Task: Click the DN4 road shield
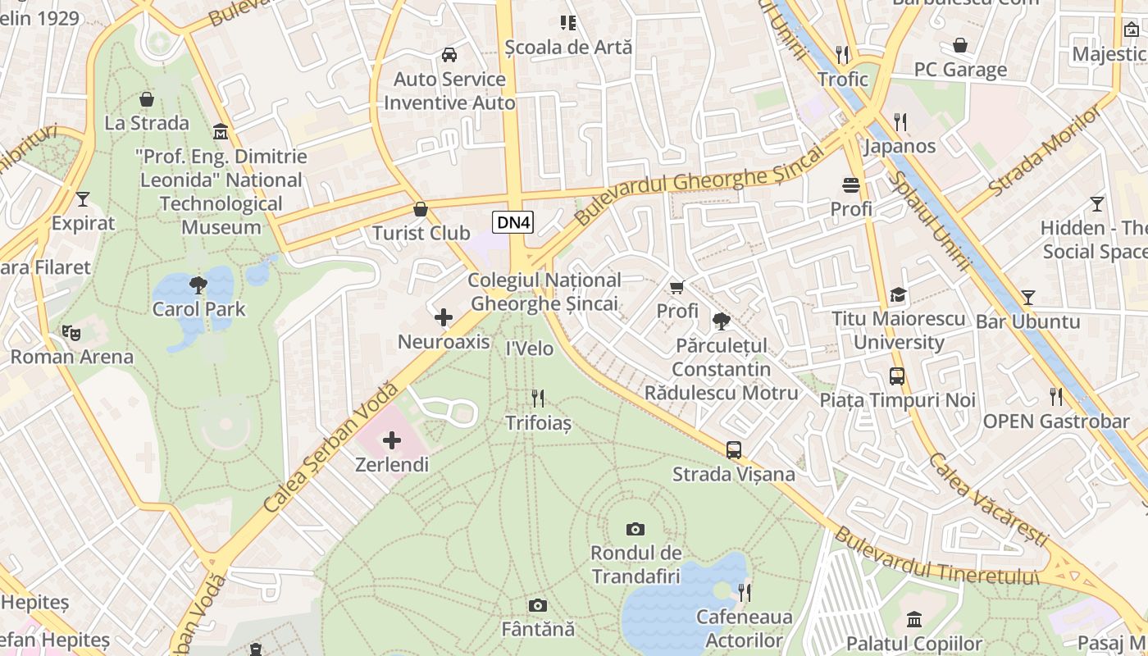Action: point(513,221)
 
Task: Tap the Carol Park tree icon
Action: point(198,285)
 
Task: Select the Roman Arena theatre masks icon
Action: point(71,333)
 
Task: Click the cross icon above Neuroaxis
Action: point(444,317)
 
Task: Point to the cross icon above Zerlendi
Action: point(392,440)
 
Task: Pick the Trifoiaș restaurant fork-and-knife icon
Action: point(538,399)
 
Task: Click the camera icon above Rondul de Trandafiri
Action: point(635,529)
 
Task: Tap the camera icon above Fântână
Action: point(538,605)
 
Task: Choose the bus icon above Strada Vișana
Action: point(734,449)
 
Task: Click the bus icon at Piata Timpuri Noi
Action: point(898,376)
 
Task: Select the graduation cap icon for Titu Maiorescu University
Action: point(899,294)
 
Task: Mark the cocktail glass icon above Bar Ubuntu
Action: point(1028,297)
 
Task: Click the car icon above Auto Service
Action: point(449,55)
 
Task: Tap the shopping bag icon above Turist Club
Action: point(421,209)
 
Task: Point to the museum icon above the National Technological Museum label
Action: point(221,131)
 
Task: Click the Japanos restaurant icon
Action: point(900,122)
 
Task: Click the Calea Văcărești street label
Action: point(988,500)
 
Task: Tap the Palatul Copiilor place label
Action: point(914,644)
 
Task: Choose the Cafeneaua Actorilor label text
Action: point(744,628)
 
